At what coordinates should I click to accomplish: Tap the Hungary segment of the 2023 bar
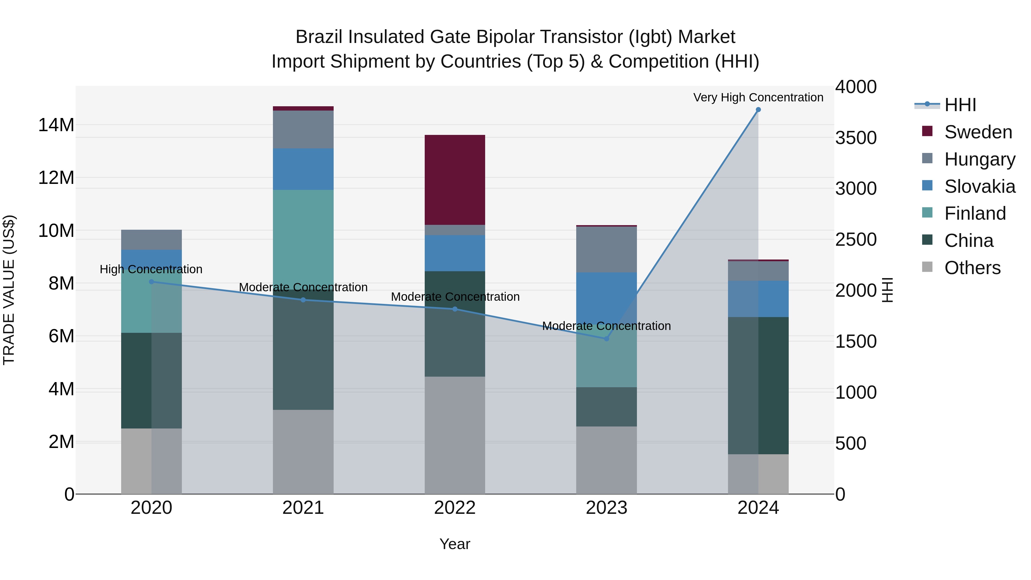(x=606, y=249)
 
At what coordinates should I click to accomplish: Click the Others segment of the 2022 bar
(x=455, y=435)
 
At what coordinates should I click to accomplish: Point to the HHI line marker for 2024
(x=758, y=110)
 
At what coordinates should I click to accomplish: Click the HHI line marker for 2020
(x=151, y=282)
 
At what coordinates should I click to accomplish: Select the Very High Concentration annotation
(x=758, y=97)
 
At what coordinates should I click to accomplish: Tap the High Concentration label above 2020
(x=151, y=269)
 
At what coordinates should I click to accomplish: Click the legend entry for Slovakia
(x=979, y=186)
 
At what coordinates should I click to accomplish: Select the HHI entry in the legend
(x=960, y=105)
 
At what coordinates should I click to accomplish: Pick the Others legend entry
(x=972, y=268)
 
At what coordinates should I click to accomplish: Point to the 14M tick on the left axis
(x=56, y=125)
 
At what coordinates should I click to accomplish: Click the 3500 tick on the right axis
(x=856, y=138)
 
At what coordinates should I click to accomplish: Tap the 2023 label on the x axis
(x=606, y=508)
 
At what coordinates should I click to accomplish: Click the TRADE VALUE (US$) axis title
(x=9, y=290)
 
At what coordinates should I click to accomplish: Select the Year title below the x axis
(x=455, y=544)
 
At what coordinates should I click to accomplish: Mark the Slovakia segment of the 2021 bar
(x=303, y=169)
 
